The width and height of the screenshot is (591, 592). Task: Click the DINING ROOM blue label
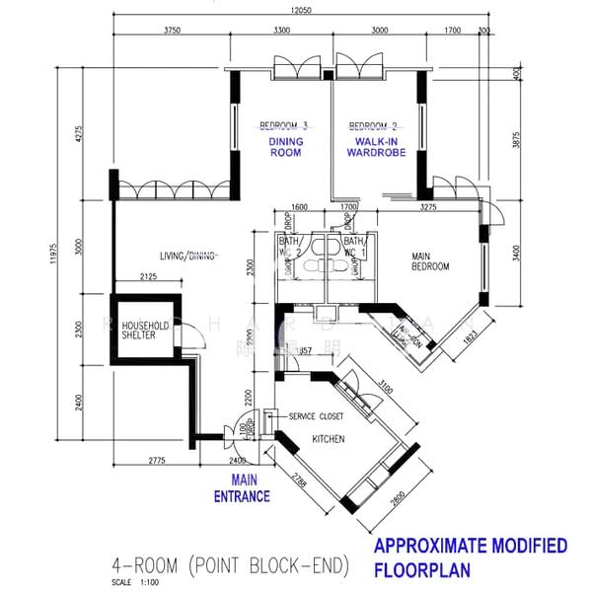click(285, 147)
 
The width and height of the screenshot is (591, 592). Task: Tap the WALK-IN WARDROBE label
click(374, 147)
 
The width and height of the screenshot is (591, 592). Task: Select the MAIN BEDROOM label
click(430, 261)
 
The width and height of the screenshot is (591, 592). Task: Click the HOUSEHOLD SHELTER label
click(145, 330)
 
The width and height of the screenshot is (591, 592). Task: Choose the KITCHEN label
click(328, 438)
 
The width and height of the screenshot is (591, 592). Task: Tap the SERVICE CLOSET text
click(318, 416)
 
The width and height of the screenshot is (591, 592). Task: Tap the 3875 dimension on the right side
click(515, 140)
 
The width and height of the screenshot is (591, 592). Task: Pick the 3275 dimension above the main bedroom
click(427, 207)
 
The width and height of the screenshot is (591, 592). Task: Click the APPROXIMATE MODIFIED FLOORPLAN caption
click(470, 557)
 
